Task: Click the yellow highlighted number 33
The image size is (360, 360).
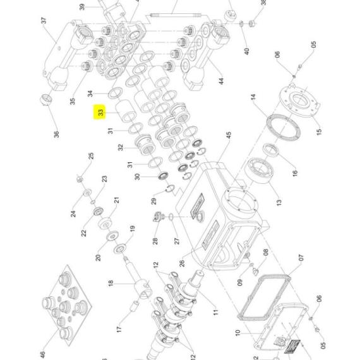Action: pyautogui.click(x=100, y=112)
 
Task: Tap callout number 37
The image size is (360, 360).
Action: pyautogui.click(x=44, y=20)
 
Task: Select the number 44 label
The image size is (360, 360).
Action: pyautogui.click(x=220, y=81)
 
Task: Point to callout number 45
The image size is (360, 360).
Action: pyautogui.click(x=229, y=135)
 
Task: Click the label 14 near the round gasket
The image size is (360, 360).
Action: pyautogui.click(x=253, y=97)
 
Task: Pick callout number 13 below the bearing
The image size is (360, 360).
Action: pyautogui.click(x=279, y=203)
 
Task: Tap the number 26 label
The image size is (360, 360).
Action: pyautogui.click(x=182, y=263)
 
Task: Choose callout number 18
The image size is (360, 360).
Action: pyautogui.click(x=111, y=283)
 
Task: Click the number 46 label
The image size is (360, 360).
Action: pyautogui.click(x=43, y=354)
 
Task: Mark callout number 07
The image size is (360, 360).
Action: pyautogui.click(x=301, y=258)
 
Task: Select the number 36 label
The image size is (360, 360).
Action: pyautogui.click(x=56, y=134)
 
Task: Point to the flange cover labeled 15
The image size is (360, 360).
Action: pyautogui.click(x=299, y=101)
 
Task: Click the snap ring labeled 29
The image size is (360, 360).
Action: pyautogui.click(x=170, y=188)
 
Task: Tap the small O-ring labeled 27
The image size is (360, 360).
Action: pyautogui.click(x=171, y=216)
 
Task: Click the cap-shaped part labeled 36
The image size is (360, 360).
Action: pyautogui.click(x=46, y=100)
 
